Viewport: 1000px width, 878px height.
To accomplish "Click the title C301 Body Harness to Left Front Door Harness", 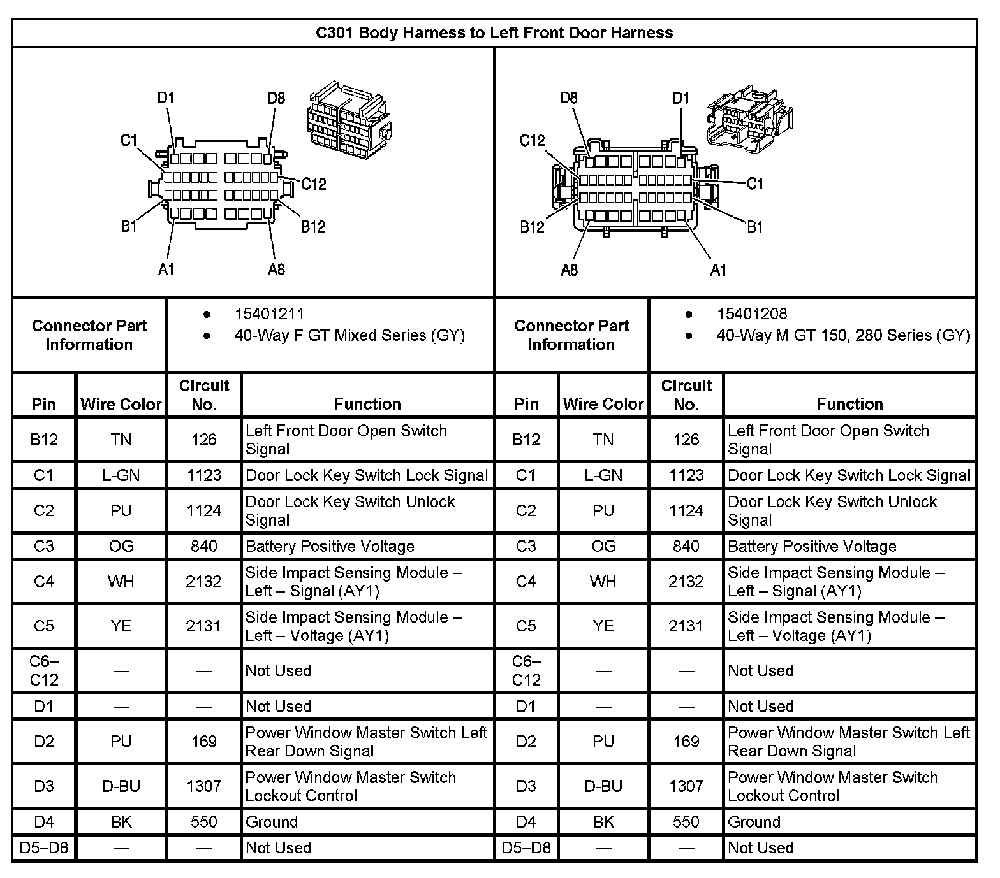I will [494, 32].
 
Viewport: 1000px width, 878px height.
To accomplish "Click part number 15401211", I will [269, 314].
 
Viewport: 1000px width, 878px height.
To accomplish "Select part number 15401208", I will [751, 314].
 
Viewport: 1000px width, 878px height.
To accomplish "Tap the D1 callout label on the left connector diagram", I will [166, 98].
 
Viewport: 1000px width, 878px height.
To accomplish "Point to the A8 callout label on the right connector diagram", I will [569, 270].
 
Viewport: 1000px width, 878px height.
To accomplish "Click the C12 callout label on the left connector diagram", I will [313, 184].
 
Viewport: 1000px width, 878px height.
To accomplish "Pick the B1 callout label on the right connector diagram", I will [754, 227].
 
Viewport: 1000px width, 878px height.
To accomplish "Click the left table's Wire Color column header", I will [121, 404].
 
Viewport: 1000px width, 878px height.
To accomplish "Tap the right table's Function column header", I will [849, 404].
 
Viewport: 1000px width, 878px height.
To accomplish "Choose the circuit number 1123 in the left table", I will [204, 475].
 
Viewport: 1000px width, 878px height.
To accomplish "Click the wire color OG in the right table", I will [603, 546].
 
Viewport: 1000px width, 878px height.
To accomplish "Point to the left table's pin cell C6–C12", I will [44, 670].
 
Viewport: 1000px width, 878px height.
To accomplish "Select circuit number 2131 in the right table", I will [686, 626].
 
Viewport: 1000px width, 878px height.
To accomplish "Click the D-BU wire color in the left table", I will [121, 786].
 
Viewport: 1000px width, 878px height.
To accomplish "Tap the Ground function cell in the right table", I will [754, 822].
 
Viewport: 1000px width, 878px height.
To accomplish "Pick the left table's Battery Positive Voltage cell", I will [330, 546].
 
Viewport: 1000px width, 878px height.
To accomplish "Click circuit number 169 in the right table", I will [686, 742].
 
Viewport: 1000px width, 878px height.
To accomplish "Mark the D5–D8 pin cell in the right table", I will [526, 848].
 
